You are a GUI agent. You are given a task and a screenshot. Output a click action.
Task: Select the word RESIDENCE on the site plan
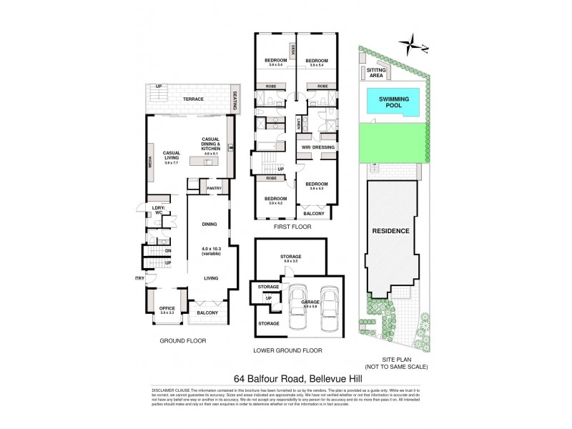point(390,231)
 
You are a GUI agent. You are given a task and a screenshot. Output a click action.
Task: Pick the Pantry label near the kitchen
point(214,188)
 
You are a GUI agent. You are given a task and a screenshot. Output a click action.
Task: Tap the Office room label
point(167,308)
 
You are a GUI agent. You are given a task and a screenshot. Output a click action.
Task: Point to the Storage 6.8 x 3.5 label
point(290,258)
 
